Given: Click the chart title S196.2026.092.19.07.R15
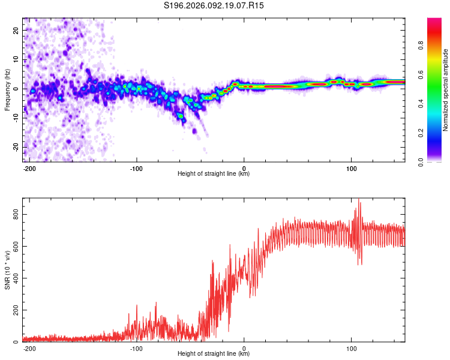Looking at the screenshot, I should click(214, 5).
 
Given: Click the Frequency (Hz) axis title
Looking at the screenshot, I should click(7, 90).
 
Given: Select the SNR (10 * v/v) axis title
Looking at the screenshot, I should click(7, 270).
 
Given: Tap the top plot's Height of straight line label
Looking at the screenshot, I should click(214, 174).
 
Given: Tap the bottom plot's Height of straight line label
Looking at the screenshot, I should click(214, 354).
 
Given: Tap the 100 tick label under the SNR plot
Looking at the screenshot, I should click(351, 347).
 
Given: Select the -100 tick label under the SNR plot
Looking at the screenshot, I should click(136, 347).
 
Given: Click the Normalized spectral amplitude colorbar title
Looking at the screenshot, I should click(446, 90).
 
